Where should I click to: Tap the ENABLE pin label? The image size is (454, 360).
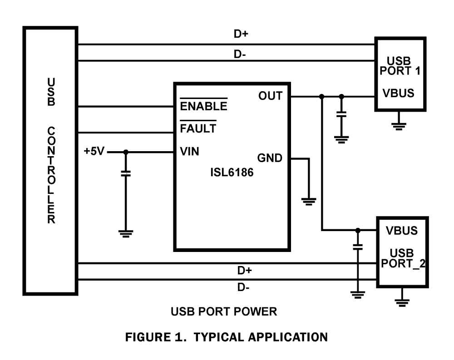coord(203,106)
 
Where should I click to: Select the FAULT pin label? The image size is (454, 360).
coord(198,128)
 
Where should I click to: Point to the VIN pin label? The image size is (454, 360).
coord(190,152)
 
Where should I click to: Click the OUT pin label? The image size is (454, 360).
coord(270,96)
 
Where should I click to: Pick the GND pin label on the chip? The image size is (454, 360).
coord(270,158)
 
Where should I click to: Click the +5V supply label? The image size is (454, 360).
coord(94,152)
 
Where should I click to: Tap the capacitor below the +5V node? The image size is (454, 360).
coord(126,173)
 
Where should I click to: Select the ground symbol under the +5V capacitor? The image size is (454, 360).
coord(126,234)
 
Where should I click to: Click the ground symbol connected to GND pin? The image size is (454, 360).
coord(309,201)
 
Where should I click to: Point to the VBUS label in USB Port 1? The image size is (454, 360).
coord(398,94)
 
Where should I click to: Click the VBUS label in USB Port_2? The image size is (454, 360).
coord(401,230)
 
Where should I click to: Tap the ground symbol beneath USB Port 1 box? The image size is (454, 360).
coord(399,126)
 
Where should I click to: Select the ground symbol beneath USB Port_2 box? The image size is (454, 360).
coord(402,302)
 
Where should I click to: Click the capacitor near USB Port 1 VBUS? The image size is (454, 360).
coord(341,113)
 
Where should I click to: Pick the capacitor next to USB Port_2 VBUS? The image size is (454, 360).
coord(358,247)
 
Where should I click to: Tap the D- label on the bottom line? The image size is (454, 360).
coord(244,287)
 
